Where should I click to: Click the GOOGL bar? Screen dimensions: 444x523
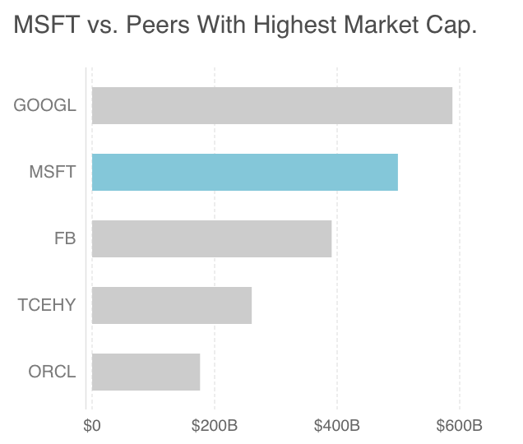pos(271,105)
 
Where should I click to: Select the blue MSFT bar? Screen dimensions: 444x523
pos(244,172)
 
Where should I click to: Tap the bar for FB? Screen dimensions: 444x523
pos(211,238)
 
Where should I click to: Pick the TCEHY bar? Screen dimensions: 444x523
pos(171,305)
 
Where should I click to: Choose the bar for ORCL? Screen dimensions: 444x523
pos(146,372)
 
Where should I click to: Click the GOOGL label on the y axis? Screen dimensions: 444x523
pos(44,105)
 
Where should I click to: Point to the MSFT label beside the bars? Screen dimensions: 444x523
pos(52,172)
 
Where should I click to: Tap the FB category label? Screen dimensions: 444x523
pos(64,238)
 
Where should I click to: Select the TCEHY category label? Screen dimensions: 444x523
pos(46,305)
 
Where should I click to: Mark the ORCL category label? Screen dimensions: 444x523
pos(52,372)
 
